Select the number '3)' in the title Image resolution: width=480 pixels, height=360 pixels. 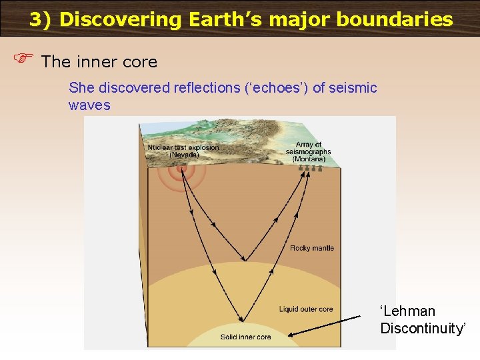click(x=40, y=19)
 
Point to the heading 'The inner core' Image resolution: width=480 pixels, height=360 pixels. click(x=99, y=62)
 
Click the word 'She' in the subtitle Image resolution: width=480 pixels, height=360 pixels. click(x=81, y=88)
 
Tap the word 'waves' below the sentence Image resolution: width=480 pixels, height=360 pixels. click(x=89, y=105)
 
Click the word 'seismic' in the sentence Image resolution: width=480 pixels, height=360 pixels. click(x=354, y=88)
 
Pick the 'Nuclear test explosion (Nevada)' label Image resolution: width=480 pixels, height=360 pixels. click(x=183, y=151)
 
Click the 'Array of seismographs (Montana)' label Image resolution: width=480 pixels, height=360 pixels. click(x=308, y=152)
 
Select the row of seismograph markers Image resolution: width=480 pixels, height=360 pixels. click(x=311, y=169)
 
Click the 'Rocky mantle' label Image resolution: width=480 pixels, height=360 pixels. click(x=312, y=248)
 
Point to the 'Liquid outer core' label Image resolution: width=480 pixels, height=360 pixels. click(x=305, y=309)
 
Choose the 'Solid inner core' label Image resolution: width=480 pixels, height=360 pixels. click(x=246, y=337)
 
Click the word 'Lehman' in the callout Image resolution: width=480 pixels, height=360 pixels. click(x=407, y=311)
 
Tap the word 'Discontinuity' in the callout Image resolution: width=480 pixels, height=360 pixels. click(x=423, y=328)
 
